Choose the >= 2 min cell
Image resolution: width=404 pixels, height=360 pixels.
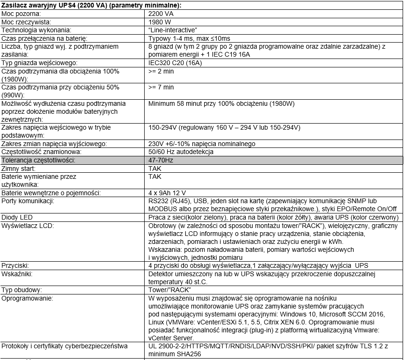pos(161,71)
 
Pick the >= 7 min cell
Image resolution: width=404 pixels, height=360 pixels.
pos(161,87)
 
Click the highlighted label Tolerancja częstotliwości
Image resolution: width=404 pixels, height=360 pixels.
pos(38,160)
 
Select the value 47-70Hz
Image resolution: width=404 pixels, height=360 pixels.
pos(161,160)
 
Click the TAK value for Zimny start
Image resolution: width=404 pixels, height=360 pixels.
pos(154,168)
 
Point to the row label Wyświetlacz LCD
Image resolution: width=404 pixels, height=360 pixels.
pos(27,226)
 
